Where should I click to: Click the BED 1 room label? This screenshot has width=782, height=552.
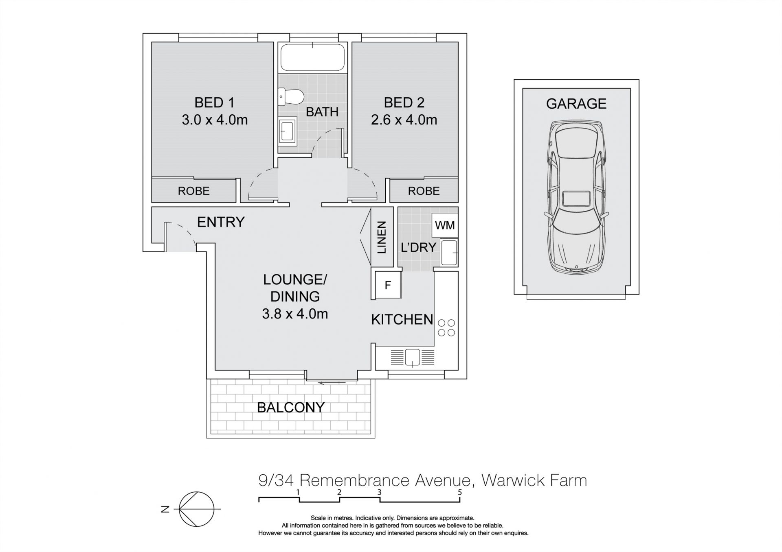pos(214,103)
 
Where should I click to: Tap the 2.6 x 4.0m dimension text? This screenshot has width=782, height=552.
pos(404,120)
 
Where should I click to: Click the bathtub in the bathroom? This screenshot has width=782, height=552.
pos(312,57)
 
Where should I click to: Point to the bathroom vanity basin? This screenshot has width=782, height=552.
pos(288,131)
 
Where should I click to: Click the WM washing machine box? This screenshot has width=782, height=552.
pos(445,225)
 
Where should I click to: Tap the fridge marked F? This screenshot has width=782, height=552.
pos(388,285)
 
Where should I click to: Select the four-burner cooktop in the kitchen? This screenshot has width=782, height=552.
pos(446,328)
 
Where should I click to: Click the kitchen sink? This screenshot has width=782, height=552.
pos(412,357)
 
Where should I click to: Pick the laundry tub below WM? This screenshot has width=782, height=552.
pos(449,253)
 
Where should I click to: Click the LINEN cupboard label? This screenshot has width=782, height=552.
pos(381,238)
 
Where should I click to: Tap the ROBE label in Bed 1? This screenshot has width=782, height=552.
pos(193,191)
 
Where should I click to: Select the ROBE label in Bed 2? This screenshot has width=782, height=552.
pos(424,191)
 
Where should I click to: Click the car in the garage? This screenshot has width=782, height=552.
pos(576,197)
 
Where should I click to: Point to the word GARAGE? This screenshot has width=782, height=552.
pos(576,104)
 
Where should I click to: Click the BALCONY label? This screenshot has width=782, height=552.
pos(291,407)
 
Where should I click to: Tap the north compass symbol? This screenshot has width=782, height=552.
pos(197,509)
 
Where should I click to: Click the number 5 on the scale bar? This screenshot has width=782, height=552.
pos(460,492)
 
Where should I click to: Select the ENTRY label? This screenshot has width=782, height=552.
pos(221,222)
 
